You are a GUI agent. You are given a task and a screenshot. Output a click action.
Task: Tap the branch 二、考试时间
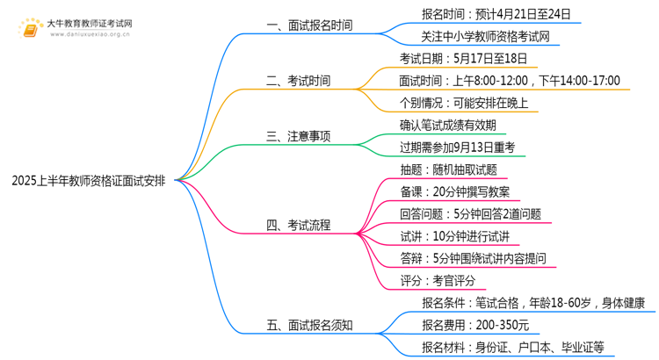(x=298, y=81)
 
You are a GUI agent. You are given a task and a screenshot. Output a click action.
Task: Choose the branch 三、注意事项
(x=298, y=136)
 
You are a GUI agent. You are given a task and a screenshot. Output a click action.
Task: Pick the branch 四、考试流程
(x=298, y=225)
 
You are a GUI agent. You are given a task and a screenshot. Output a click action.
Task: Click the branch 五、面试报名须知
(x=308, y=325)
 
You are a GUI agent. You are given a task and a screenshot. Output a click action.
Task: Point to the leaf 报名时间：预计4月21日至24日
(x=496, y=14)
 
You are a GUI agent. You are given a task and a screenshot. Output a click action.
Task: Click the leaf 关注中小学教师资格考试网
(x=489, y=37)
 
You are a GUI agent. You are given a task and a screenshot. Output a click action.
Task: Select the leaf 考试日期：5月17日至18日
(x=463, y=59)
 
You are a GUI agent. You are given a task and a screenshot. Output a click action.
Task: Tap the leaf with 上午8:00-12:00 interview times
(x=509, y=81)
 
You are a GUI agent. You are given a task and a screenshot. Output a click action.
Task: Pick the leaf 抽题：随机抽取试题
(x=447, y=169)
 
